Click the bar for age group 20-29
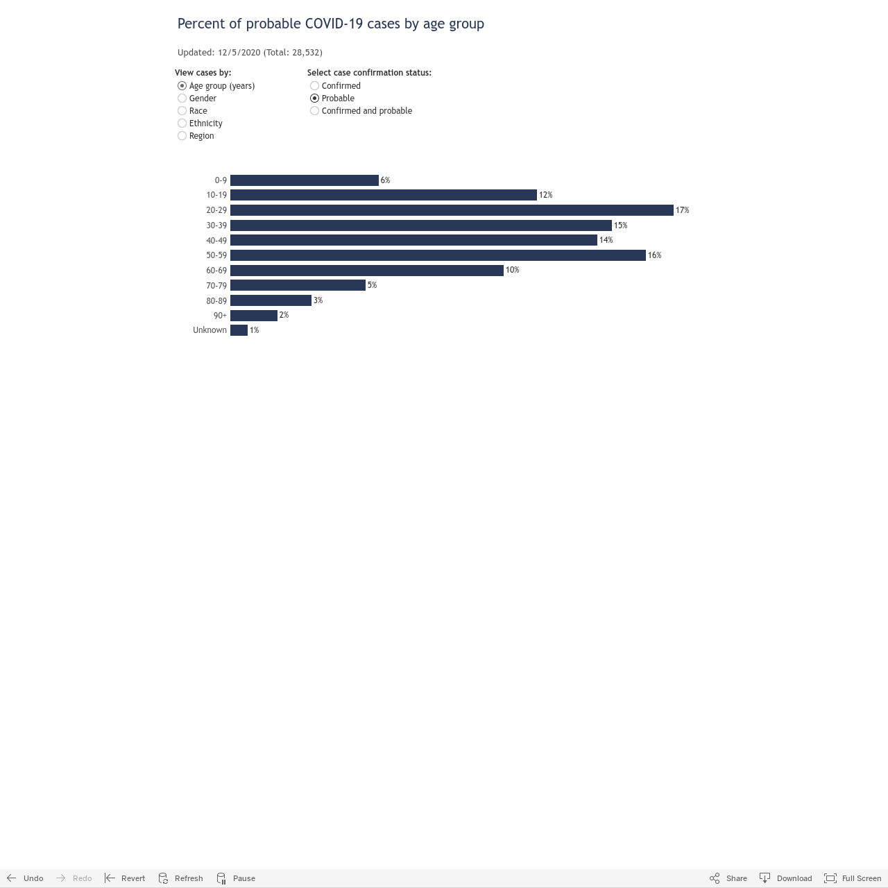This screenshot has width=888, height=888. pyautogui.click(x=452, y=210)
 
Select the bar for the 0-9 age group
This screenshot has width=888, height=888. pyautogui.click(x=304, y=180)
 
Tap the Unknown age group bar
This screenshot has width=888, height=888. pyautogui.click(x=239, y=330)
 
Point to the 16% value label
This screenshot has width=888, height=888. pyautogui.click(x=654, y=255)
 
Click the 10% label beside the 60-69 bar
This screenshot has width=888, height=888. pyautogui.click(x=512, y=270)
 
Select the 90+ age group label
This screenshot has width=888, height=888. pyautogui.click(x=220, y=315)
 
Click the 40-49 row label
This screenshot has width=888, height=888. pyautogui.click(x=216, y=240)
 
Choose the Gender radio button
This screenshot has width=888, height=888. pyautogui.click(x=182, y=98)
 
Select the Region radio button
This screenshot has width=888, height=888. pyautogui.click(x=182, y=136)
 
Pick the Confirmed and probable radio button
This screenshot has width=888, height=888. pyautogui.click(x=315, y=110)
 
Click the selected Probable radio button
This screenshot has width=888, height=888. pyautogui.click(x=315, y=98)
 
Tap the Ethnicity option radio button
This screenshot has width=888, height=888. pyautogui.click(x=182, y=123)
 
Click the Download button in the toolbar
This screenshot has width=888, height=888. pyautogui.click(x=785, y=878)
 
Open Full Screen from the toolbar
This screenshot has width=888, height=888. pyautogui.click(x=852, y=878)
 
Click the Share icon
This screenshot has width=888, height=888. pyautogui.click(x=715, y=878)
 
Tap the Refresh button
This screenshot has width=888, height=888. pyautogui.click(x=180, y=878)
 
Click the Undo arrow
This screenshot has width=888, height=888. pyautogui.click(x=12, y=878)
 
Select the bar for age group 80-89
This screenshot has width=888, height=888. pyautogui.click(x=271, y=300)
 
